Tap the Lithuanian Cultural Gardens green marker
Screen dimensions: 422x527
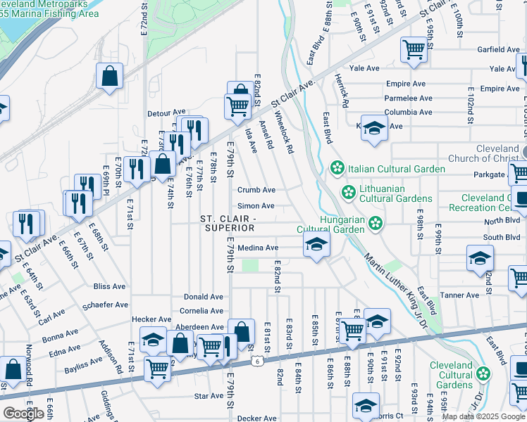[x=347, y=192]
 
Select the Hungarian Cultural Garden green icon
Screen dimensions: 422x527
[x=376, y=223]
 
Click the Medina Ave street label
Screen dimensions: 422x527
[x=258, y=248]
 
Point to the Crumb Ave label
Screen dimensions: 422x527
[x=256, y=190]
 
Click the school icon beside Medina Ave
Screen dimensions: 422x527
[x=316, y=245]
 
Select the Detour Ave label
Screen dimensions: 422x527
[x=166, y=112]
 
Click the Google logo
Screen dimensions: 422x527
[x=23, y=414]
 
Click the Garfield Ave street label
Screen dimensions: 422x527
[x=498, y=50]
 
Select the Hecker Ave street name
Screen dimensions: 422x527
[x=151, y=319]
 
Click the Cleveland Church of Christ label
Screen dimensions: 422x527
[x=497, y=154]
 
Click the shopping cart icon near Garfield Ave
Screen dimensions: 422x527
[x=414, y=49]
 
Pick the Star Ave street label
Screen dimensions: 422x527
[x=209, y=397]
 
